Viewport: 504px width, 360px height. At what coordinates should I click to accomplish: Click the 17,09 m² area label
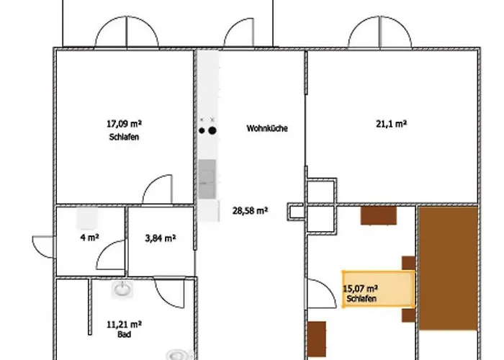point(124,123)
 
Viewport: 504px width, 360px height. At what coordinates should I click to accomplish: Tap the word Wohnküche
point(267,128)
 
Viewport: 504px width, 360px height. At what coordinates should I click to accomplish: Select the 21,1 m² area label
point(391,123)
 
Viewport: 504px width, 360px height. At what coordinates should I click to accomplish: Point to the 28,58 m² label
point(250,211)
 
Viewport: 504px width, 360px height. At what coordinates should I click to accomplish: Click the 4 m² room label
point(89,238)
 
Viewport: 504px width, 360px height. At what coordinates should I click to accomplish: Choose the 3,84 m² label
point(161,238)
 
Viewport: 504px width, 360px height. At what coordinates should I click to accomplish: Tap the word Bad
point(124,335)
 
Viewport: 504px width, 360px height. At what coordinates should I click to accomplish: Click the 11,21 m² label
point(124,324)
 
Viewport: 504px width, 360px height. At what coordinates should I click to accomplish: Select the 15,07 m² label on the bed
point(360,288)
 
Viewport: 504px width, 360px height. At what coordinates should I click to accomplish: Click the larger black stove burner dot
point(212,130)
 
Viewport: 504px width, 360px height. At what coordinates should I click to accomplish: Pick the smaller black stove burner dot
point(202,130)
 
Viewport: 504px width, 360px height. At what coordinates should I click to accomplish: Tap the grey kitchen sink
point(207,179)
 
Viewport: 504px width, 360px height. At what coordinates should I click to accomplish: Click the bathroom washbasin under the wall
point(122,289)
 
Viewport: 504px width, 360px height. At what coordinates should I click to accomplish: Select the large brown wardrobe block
point(449,269)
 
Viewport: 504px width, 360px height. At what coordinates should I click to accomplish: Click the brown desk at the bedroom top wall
point(379,216)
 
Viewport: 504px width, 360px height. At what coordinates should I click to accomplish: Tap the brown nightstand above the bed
point(408,264)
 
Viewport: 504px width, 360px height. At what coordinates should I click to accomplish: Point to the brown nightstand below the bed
point(408,315)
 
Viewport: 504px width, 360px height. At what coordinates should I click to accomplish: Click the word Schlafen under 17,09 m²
point(124,137)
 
